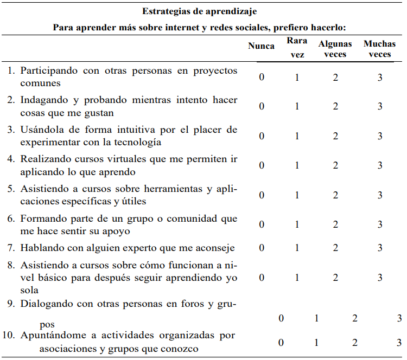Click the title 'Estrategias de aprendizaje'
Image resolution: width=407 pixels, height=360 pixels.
199,11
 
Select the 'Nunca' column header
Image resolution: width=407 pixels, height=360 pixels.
261,46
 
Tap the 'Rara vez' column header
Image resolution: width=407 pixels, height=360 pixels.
297,47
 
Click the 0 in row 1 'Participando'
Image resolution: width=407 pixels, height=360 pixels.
262,77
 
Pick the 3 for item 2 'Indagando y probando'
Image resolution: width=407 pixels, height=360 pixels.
380,106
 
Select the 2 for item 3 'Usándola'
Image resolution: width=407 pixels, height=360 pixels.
335,136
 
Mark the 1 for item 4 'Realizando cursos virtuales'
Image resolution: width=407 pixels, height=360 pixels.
297,165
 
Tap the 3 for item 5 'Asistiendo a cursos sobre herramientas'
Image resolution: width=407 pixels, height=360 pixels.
380,195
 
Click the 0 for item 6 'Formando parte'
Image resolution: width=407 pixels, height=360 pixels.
262,224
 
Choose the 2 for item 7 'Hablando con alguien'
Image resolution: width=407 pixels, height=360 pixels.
335,248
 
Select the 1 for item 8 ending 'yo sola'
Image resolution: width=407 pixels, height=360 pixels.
297,278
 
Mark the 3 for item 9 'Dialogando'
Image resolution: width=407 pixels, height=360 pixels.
399,318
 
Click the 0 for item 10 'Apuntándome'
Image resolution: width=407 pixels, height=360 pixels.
281,342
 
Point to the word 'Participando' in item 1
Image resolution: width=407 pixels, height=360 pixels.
47,71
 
